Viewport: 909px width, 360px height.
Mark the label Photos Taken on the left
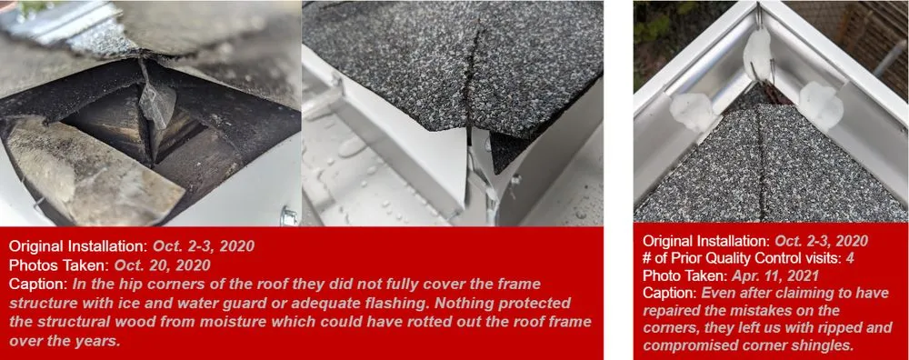58,265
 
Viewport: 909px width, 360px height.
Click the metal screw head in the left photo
290,216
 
